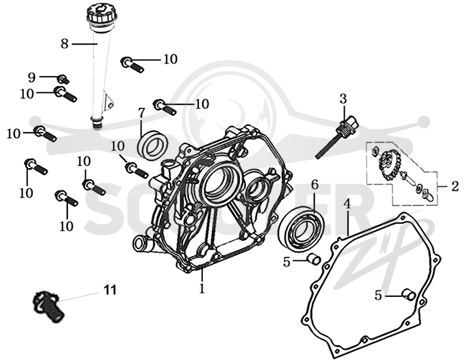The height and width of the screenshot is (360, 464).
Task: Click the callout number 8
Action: [64, 44]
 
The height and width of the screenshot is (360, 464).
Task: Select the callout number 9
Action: [32, 78]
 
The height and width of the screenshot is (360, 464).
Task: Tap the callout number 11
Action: [110, 290]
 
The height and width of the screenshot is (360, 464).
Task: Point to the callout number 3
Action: [343, 99]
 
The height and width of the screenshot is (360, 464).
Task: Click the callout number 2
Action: [455, 186]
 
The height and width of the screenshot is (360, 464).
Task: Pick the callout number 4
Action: [347, 204]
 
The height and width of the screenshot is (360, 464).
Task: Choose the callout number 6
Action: [315, 184]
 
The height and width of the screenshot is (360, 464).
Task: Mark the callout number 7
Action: [142, 112]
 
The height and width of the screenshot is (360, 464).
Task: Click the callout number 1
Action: [202, 288]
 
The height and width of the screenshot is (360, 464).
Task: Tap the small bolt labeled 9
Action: [63, 79]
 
